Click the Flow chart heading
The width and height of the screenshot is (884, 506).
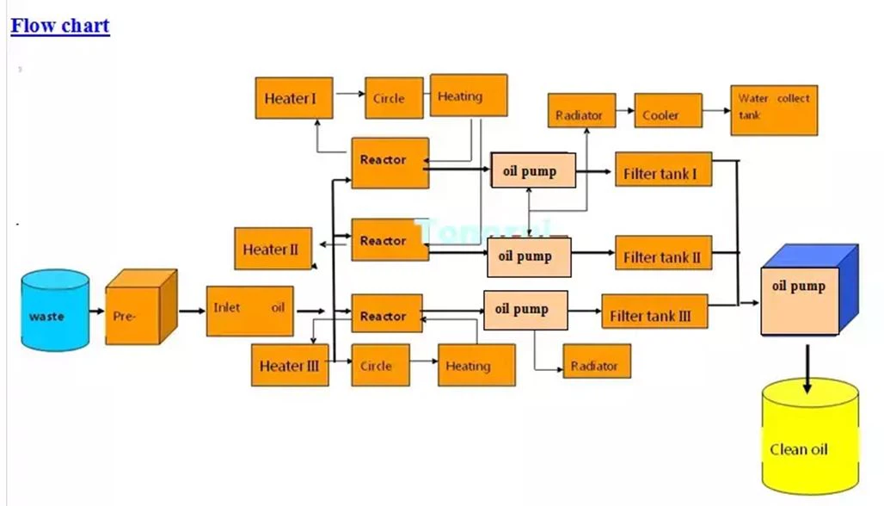pyautogui.click(x=60, y=26)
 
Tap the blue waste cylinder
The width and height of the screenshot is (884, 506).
pyautogui.click(x=56, y=312)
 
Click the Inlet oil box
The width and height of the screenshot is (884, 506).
pyautogui.click(x=249, y=310)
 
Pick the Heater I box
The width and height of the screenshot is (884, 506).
pyautogui.click(x=294, y=98)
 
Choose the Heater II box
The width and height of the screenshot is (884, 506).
pyautogui.click(x=273, y=250)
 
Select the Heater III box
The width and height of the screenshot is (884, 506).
pyautogui.click(x=290, y=365)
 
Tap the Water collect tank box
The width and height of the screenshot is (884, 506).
pyautogui.click(x=773, y=109)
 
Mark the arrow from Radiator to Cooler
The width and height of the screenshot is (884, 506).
pyautogui.click(x=625, y=111)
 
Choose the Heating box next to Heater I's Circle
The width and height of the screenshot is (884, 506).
pyautogui.click(x=468, y=95)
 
